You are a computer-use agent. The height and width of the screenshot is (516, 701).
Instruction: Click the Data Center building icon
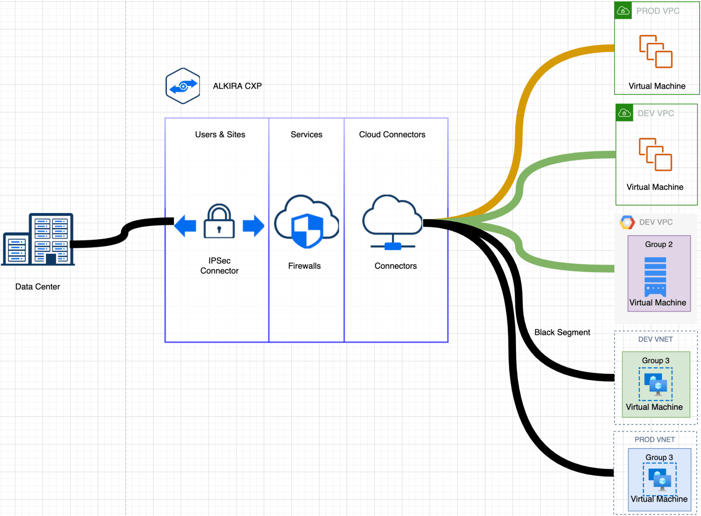(39, 239)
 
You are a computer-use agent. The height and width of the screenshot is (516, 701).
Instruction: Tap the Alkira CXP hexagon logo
(183, 86)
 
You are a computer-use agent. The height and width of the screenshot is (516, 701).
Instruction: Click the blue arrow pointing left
(185, 226)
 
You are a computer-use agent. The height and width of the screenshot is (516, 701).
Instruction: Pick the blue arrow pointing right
(253, 226)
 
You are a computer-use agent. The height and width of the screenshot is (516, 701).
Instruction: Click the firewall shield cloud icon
(306, 222)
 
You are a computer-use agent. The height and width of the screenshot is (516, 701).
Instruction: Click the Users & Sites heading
(220, 135)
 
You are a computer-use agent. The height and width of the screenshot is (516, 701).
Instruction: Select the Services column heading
(306, 135)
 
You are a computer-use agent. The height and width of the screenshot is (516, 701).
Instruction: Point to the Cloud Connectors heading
(392, 135)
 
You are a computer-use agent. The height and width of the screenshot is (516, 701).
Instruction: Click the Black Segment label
(562, 332)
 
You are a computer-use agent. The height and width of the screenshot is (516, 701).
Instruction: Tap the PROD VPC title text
(658, 11)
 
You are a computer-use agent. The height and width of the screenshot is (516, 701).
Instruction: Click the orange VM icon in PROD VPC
(656, 52)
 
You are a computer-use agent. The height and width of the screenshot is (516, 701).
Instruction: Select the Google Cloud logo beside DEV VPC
(627, 222)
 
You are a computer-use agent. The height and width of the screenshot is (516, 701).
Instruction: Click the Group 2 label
(659, 244)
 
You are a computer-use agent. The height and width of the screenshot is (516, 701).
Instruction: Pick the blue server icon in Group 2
(655, 277)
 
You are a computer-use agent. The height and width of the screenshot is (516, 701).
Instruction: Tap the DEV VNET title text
(655, 339)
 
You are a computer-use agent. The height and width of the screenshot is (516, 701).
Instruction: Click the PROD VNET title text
(655, 439)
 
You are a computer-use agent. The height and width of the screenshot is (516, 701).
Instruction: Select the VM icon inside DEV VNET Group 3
(655, 384)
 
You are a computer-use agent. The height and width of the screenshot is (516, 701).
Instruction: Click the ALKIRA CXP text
(237, 86)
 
